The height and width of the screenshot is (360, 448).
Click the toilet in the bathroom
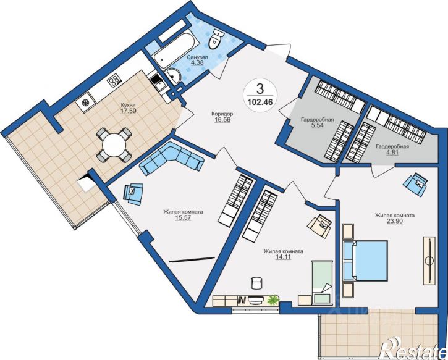(x=216, y=40)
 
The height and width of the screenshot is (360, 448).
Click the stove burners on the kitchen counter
(x=114, y=80)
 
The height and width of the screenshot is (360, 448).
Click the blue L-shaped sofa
(x=171, y=159)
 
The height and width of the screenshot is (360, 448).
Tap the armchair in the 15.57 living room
(x=133, y=193)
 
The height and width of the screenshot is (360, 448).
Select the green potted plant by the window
(x=273, y=299)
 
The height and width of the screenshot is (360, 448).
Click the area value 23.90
(x=394, y=221)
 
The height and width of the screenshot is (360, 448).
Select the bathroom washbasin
(x=174, y=76)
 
